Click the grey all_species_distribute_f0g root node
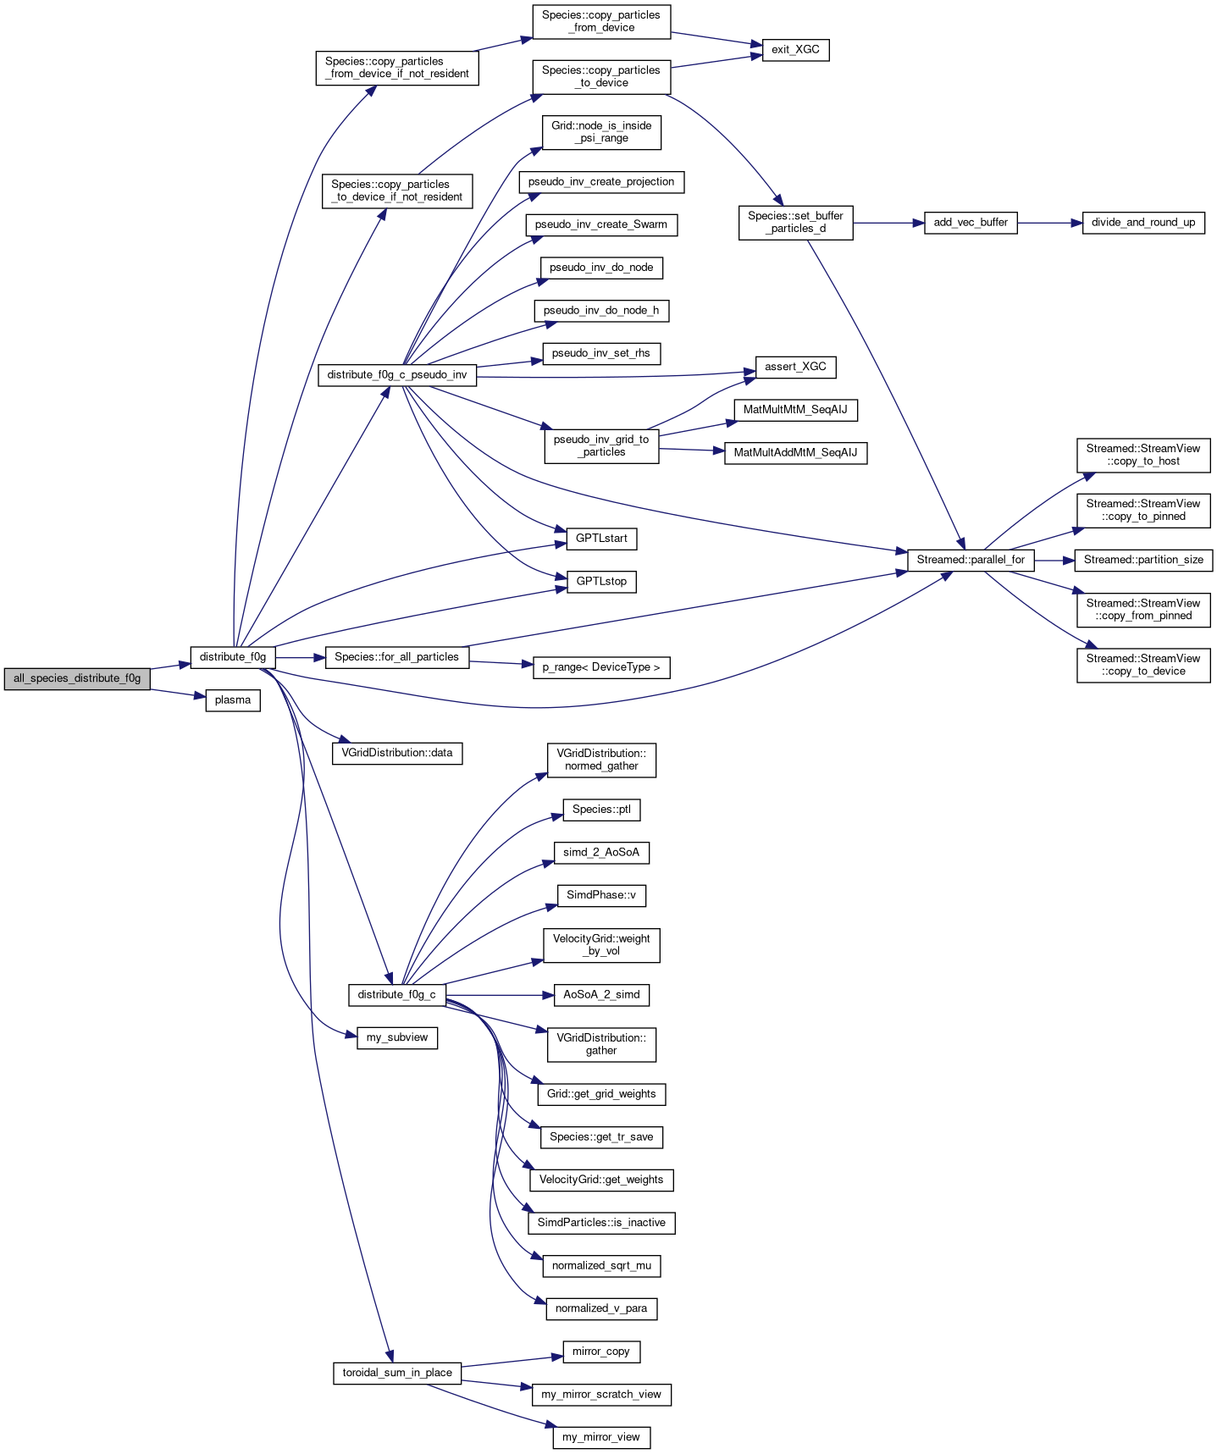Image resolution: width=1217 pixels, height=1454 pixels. pos(77,678)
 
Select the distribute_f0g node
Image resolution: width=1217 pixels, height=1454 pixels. pos(233,656)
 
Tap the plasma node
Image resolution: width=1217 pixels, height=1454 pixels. pos(233,700)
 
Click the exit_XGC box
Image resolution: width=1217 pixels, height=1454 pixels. pos(795,50)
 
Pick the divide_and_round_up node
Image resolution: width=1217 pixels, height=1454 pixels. pos(1143,223)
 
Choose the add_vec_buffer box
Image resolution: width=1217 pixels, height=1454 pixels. pos(971,223)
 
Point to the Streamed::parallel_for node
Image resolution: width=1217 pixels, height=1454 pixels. pos(971,560)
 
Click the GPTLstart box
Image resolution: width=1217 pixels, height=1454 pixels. pos(601,539)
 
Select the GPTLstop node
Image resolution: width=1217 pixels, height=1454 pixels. pos(601,582)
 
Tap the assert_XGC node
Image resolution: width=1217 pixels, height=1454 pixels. pos(795,367)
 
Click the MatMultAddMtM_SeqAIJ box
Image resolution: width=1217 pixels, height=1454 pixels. pos(795,453)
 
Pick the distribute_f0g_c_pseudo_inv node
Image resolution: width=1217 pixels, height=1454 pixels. pos(397,374)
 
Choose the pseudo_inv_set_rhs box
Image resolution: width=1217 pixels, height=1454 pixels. pos(601,353)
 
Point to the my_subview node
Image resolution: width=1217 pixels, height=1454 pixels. pos(397,1037)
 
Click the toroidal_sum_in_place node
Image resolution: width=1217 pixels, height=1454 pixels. pos(397,1373)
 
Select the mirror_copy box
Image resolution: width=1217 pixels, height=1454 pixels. pos(601,1352)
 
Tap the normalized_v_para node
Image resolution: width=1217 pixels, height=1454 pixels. pos(601,1308)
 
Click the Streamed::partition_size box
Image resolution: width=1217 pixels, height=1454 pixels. pos(1143,560)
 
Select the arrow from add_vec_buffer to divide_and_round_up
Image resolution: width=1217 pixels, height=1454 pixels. pos(1050,223)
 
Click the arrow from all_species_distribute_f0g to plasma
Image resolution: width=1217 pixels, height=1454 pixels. pos(179,694)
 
